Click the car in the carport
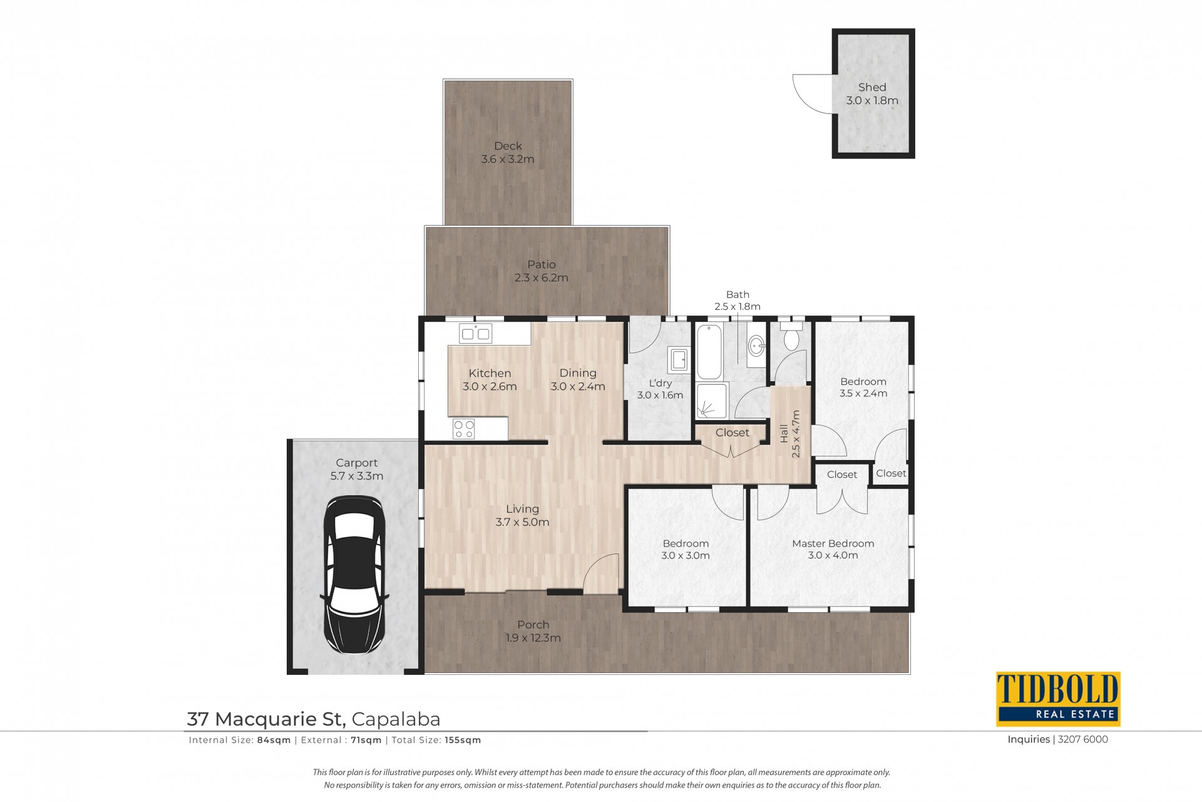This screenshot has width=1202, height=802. point(354,575)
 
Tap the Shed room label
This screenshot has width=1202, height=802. point(872,88)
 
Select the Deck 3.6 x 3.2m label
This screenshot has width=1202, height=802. point(508,153)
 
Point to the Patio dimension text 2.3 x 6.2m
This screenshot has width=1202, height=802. point(542,278)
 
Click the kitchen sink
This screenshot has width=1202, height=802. point(476,334)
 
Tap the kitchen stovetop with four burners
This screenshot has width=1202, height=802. point(464,429)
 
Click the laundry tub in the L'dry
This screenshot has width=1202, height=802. point(679,359)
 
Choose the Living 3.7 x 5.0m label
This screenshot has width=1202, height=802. point(523,516)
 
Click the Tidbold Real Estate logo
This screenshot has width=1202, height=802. point(1058,699)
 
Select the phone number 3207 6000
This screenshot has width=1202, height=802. point(1083,739)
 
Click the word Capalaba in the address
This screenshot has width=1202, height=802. point(396,719)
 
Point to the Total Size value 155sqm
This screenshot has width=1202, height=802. point(463,740)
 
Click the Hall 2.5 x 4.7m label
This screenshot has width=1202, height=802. point(790,434)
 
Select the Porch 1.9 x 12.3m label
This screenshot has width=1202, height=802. point(533,632)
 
